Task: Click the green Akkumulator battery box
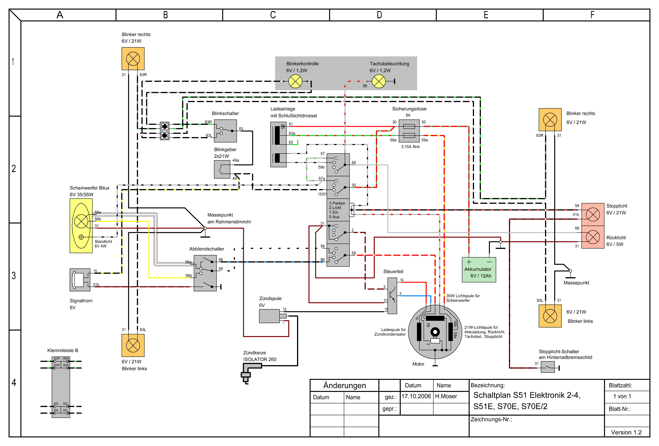click(x=479, y=270)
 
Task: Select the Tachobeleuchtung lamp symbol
click(x=379, y=81)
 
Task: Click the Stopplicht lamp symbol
click(x=593, y=214)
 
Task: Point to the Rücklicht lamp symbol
click(x=593, y=237)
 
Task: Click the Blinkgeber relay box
click(x=222, y=170)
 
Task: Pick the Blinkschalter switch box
click(x=225, y=131)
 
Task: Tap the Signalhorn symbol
click(x=80, y=280)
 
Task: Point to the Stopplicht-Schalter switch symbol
click(x=548, y=367)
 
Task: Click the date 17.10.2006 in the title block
click(x=416, y=396)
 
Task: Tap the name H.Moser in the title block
click(x=446, y=396)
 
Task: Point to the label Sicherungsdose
click(x=409, y=109)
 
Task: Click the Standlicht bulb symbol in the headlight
click(x=81, y=237)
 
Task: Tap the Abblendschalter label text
click(x=207, y=249)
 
